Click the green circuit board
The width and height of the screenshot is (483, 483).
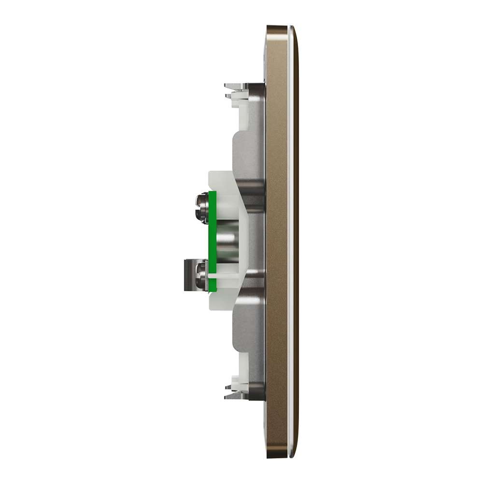tap(212, 241)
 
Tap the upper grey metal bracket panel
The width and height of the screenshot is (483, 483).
tap(249, 150)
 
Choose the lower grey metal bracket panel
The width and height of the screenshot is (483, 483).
tap(249, 333)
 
